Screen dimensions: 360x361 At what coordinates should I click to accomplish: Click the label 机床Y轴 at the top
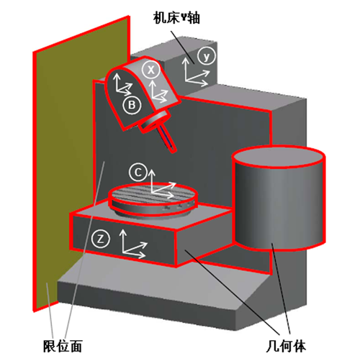coord(176,18)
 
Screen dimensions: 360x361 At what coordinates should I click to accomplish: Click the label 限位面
coord(63,346)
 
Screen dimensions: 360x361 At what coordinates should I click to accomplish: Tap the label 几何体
coord(286,346)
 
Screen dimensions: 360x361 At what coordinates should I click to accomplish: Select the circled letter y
coord(207,56)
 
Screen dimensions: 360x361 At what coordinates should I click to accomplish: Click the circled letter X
coord(151,70)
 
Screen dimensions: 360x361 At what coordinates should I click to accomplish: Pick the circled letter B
coord(132,105)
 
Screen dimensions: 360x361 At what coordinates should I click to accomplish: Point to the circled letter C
coord(138,172)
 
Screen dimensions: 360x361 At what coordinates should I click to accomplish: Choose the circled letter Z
coord(101,239)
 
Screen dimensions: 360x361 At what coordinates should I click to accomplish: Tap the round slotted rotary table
coord(153,198)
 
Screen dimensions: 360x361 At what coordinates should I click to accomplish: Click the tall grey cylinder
coord(279,199)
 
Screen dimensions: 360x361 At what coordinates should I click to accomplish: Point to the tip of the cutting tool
coord(174,151)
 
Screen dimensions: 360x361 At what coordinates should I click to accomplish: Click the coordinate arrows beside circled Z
coord(133,244)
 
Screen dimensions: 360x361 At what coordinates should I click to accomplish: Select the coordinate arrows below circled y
coord(196,72)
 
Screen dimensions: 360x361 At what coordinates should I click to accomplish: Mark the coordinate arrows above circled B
coord(123,84)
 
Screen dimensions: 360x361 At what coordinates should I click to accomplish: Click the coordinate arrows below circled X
coord(159,91)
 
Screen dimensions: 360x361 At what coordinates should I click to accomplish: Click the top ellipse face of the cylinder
coord(279,156)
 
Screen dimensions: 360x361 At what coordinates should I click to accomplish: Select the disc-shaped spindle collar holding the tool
coord(155,120)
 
